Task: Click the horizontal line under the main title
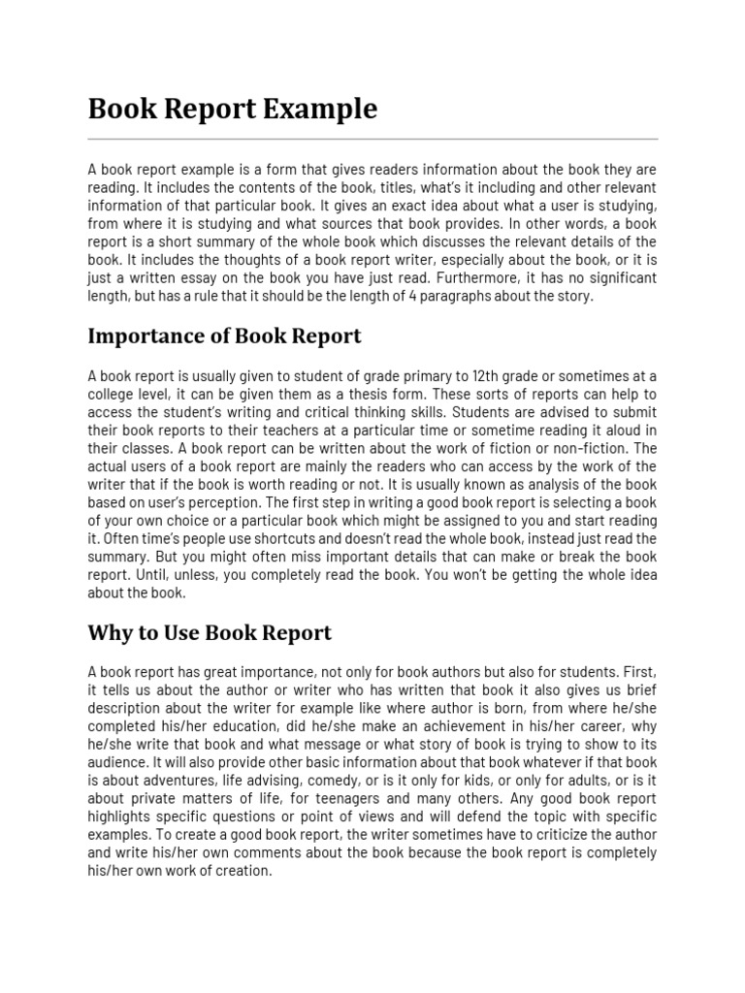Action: click(x=372, y=139)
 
